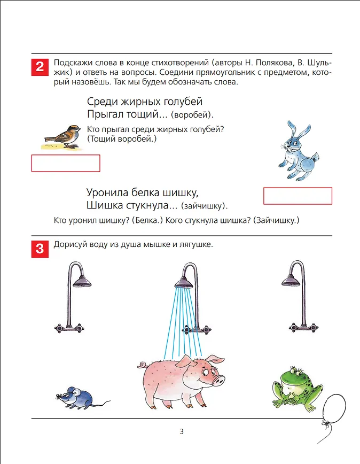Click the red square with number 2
(40, 67)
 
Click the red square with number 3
(40, 249)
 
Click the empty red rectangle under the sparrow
(66, 164)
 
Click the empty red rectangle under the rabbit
(298, 196)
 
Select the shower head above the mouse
(82, 282)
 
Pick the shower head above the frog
(291, 281)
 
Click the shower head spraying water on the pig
(184, 283)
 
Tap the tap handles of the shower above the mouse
(69, 328)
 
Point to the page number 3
(182, 432)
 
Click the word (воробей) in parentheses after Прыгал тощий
(192, 115)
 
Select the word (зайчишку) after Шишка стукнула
(204, 206)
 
